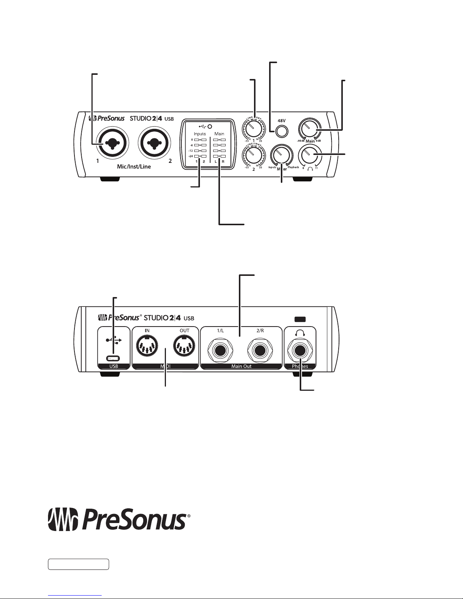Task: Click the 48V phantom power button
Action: pyautogui.click(x=281, y=131)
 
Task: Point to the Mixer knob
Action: pyautogui.click(x=281, y=155)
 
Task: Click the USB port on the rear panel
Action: pyautogui.click(x=113, y=358)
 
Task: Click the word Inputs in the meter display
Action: pyautogui.click(x=200, y=134)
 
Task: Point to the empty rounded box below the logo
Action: pyautogui.click(x=79, y=565)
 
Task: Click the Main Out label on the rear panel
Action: pyautogui.click(x=242, y=366)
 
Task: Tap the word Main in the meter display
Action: pyautogui.click(x=219, y=134)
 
